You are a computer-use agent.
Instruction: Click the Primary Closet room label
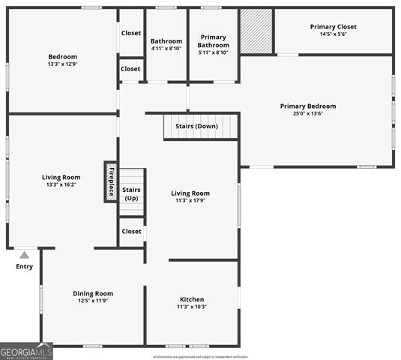point(334,27)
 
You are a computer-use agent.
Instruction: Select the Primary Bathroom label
point(214,41)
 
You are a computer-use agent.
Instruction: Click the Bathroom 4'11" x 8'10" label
point(166,45)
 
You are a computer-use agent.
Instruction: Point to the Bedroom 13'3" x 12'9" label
point(63,61)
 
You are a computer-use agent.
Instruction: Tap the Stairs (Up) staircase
point(131,193)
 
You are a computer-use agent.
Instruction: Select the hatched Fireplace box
point(110,181)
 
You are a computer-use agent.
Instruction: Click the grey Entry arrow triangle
point(24,256)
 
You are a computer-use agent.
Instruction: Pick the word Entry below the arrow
point(24,266)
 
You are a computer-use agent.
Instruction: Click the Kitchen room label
point(192,299)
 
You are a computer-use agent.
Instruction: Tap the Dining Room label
point(93,293)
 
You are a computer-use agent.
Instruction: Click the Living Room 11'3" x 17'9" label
point(190,196)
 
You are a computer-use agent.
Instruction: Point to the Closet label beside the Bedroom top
point(131,33)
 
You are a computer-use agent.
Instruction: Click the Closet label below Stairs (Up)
point(131,232)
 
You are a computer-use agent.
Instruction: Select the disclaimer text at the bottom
point(200,357)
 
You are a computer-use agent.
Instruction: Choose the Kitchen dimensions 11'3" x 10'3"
point(192,307)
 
